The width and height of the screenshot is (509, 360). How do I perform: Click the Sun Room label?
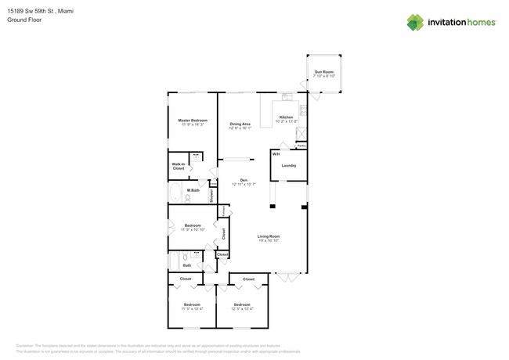pos(324,73)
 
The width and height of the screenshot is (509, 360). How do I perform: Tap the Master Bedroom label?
pos(192,120)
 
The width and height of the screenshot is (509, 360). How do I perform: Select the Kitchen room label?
pos(287,117)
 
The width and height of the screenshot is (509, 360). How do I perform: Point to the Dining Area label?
pos(240,124)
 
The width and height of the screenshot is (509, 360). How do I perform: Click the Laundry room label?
pos(288,165)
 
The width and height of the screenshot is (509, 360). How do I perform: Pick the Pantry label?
pos(301,146)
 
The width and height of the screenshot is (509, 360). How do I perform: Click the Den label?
pos(244,180)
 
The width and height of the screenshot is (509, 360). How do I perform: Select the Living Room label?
pos(269,236)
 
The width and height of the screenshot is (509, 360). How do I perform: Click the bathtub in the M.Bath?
pos(175,194)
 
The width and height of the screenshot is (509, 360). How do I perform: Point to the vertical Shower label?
pos(211,196)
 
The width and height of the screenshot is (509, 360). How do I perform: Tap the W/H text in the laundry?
pos(276,154)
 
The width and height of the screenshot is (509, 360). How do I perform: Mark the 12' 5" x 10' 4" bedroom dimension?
pos(242,309)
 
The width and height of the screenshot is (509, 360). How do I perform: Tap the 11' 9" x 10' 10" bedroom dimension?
pos(192,230)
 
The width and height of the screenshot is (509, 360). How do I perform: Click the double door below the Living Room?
pos(287,275)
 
